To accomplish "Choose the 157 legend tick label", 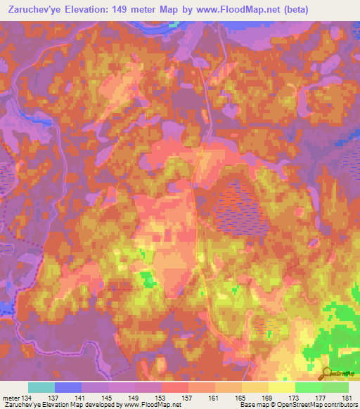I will (x=183, y=397).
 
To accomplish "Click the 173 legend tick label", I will (x=290, y=397).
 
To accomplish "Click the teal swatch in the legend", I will (x=41, y=387).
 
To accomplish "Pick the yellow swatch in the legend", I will (x=281, y=387).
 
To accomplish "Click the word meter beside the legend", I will (x=10, y=397).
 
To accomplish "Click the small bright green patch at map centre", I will (x=148, y=280).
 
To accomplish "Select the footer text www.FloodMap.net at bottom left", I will (x=147, y=405).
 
